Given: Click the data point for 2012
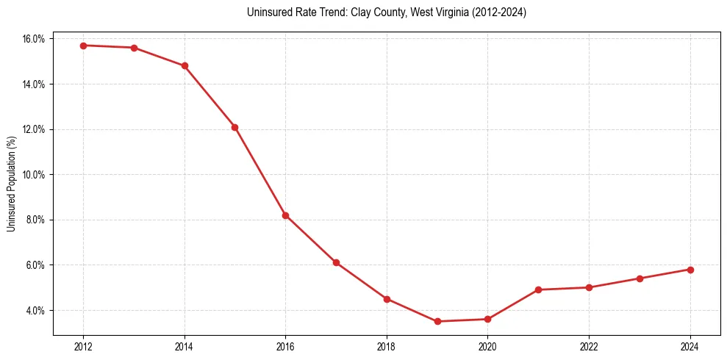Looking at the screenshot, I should (x=83, y=46).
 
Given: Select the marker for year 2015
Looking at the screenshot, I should (x=234, y=127).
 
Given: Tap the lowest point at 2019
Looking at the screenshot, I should (x=437, y=321).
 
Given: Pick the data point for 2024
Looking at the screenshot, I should (x=690, y=270).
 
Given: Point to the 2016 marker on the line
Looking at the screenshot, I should (x=285, y=215).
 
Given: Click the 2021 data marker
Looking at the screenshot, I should (x=538, y=289).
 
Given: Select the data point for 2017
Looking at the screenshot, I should (x=336, y=262).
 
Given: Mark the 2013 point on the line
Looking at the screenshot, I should (x=134, y=48).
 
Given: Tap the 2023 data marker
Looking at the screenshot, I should (x=640, y=278).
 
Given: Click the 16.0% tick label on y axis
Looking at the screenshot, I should (x=34, y=39).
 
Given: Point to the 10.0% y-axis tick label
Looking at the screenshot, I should (x=34, y=175).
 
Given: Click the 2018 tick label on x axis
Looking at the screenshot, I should (x=387, y=347).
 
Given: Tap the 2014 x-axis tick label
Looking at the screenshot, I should (x=185, y=347).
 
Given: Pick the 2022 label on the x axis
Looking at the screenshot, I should (x=589, y=347).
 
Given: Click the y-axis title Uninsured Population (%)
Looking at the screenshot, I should (x=11, y=184).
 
